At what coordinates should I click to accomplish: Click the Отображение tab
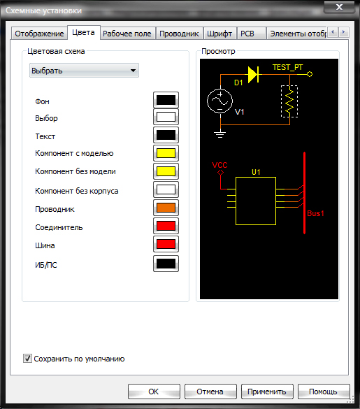39,34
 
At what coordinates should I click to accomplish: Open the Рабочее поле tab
127,34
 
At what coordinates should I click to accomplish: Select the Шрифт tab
219,34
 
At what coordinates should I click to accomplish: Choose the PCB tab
247,34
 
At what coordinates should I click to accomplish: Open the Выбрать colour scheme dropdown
84,71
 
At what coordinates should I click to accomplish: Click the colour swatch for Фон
166,100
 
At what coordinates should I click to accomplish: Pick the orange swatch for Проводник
166,208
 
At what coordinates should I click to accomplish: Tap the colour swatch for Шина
166,244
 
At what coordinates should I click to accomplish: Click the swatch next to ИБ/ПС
166,264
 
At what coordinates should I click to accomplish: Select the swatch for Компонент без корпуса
166,189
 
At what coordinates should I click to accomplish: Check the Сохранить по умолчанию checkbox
27,359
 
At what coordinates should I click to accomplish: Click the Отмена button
210,392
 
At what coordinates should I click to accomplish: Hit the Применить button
267,392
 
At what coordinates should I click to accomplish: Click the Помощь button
324,392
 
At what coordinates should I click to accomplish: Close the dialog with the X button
339,7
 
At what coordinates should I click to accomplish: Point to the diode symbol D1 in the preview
253,75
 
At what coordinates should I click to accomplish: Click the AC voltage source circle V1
219,101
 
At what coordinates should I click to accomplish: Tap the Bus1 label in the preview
315,213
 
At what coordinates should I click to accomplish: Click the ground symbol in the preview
220,134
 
